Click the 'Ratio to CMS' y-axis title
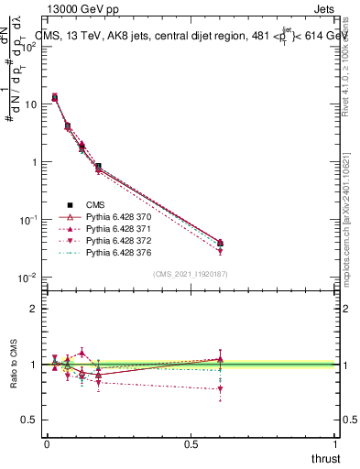[x=14, y=365]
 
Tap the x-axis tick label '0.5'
[x=191, y=443]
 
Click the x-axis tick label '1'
[x=336, y=443]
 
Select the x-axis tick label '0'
[x=46, y=443]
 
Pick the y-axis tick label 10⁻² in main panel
[x=27, y=278]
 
